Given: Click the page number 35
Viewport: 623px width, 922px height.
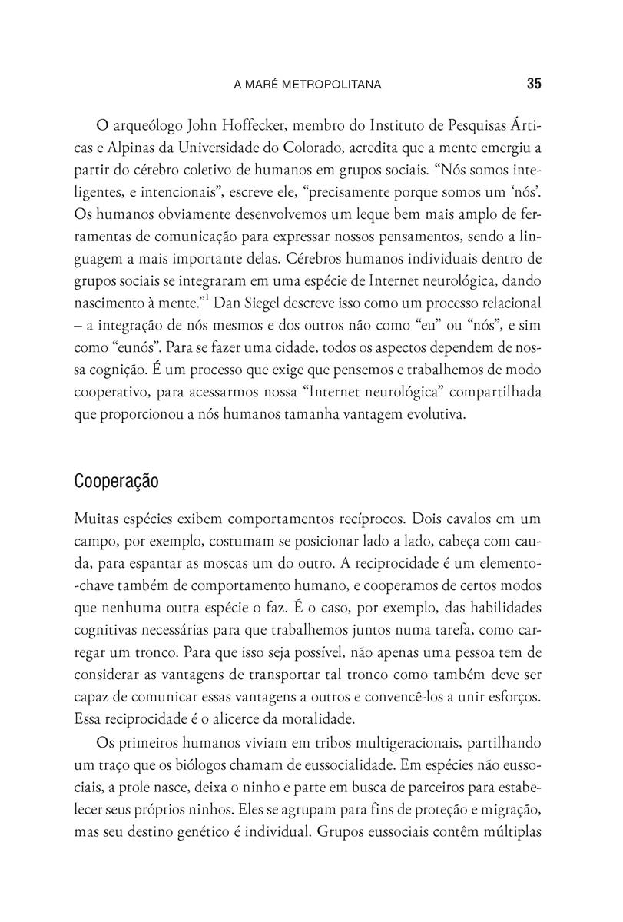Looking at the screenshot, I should tap(535, 84).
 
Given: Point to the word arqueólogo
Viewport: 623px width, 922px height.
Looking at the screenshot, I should tap(147, 124).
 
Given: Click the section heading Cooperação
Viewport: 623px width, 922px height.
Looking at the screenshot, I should tap(117, 482).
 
